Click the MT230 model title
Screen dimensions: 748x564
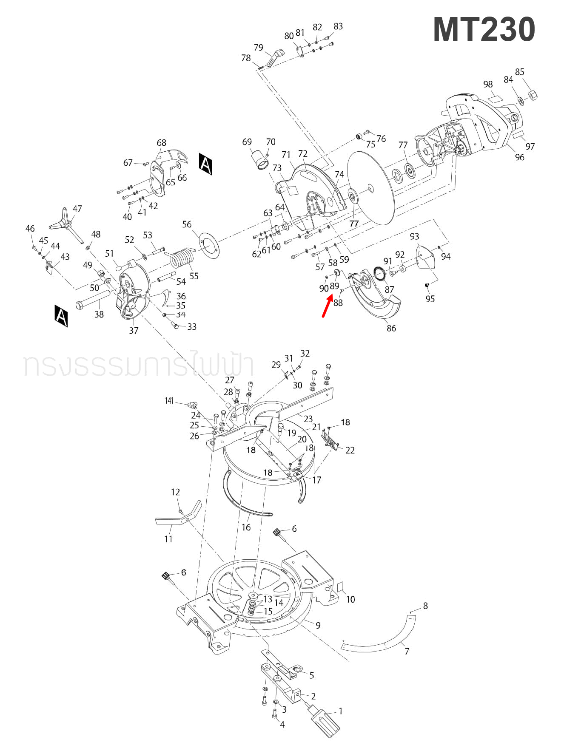484,30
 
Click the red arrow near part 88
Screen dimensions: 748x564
327,307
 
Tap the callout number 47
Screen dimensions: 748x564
77,209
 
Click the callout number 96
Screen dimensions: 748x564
519,157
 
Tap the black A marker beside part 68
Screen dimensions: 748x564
205,164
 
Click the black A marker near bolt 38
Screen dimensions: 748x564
61,315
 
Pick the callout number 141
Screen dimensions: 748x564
169,401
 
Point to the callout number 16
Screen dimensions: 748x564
246,527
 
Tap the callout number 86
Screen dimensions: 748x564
391,328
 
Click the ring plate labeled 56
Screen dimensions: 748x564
209,246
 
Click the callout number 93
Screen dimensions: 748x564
414,236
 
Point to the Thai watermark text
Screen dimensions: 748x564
138,365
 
